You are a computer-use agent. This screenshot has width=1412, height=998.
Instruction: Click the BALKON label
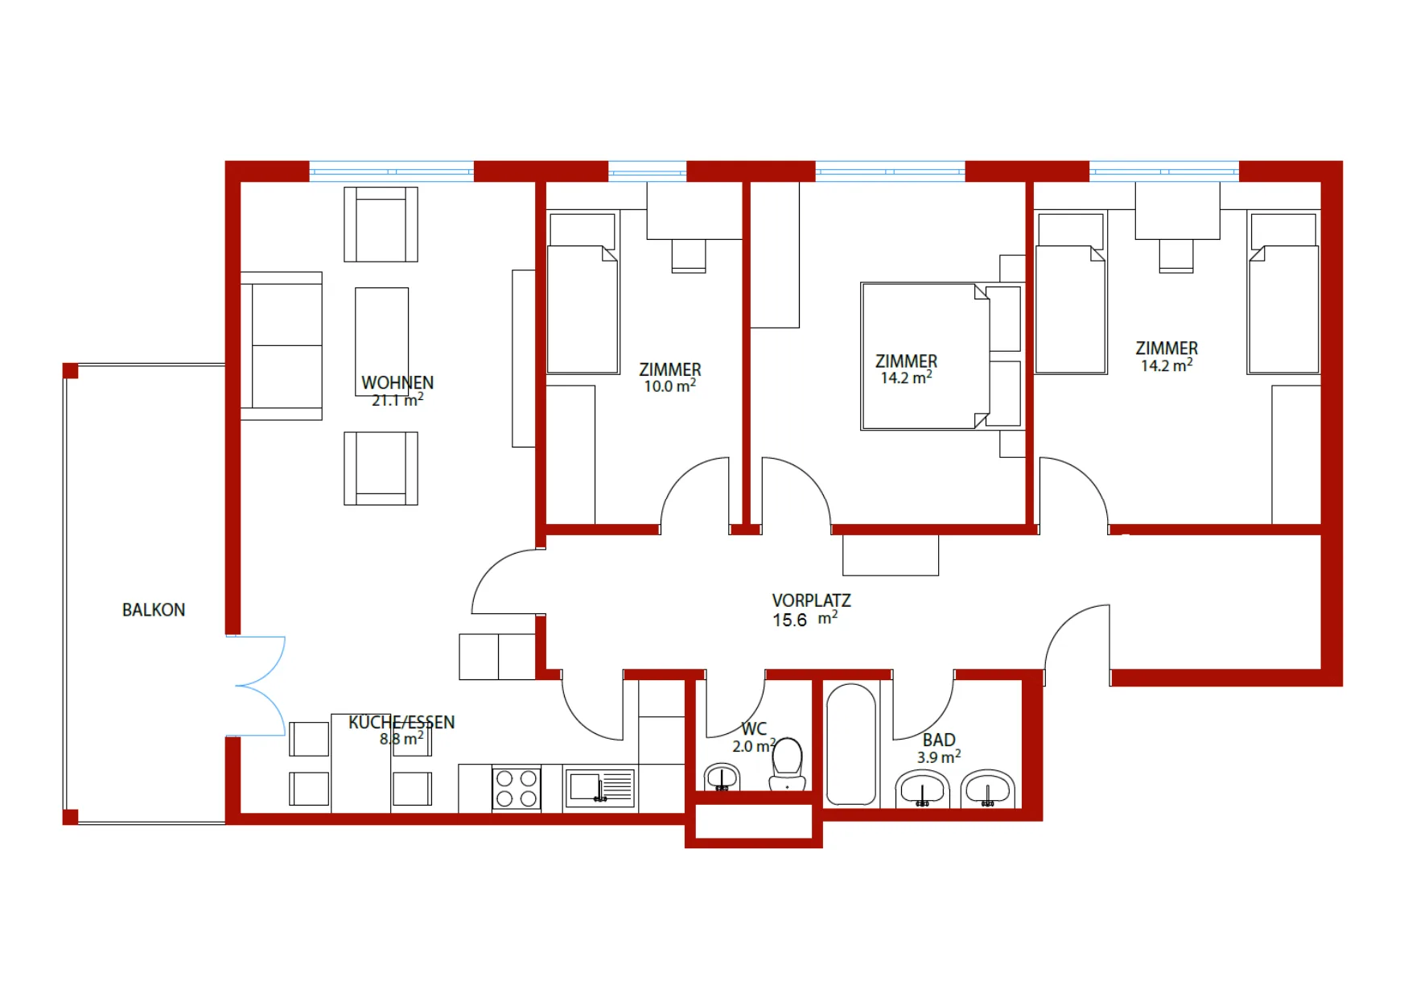[x=154, y=610]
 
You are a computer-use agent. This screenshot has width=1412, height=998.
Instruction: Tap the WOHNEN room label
[x=397, y=382]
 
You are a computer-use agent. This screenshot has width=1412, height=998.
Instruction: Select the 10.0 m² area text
[x=670, y=386]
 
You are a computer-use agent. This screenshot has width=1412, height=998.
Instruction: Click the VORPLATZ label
[x=811, y=600]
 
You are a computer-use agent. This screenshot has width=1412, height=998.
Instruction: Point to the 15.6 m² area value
[x=805, y=619]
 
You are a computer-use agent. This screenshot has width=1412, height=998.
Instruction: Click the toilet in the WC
[x=788, y=764]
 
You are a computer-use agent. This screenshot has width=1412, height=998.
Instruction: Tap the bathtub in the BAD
[x=850, y=744]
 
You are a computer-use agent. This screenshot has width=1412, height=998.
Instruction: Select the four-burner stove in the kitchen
[x=517, y=788]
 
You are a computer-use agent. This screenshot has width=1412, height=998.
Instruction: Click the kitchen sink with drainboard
[x=600, y=788]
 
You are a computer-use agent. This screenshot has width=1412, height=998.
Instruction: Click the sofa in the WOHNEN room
[x=282, y=346]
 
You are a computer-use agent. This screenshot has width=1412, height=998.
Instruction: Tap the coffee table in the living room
[x=381, y=341]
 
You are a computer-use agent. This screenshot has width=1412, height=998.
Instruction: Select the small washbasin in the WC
[x=722, y=777]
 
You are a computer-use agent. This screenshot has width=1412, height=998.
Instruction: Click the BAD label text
[x=939, y=740]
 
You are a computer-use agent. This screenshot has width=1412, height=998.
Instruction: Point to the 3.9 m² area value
[x=939, y=757]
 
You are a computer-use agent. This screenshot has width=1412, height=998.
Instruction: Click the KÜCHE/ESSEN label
[x=401, y=722]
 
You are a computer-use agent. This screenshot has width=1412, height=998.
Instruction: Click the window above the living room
[x=392, y=171]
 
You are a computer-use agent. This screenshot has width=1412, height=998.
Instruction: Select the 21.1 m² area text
[x=397, y=399]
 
